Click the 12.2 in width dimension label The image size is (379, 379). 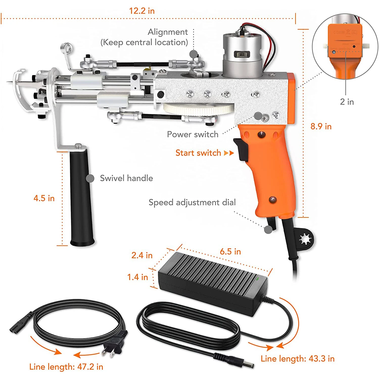(x=142, y=11)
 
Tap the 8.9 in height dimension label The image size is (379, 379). (x=321, y=126)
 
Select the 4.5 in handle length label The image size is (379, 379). (x=44, y=198)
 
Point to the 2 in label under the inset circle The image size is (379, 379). (x=347, y=102)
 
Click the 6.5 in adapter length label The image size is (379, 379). (x=230, y=251)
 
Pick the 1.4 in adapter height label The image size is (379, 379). (x=137, y=277)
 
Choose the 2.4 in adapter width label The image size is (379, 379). (x=142, y=255)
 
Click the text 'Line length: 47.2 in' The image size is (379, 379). (x=66, y=367)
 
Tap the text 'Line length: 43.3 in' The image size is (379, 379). (x=297, y=359)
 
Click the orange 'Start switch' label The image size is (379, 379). (x=198, y=153)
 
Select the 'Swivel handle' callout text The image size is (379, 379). (x=126, y=178)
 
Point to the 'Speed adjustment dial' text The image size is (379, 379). (x=192, y=202)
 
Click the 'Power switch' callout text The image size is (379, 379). (x=193, y=134)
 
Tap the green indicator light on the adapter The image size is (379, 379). (x=257, y=279)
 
